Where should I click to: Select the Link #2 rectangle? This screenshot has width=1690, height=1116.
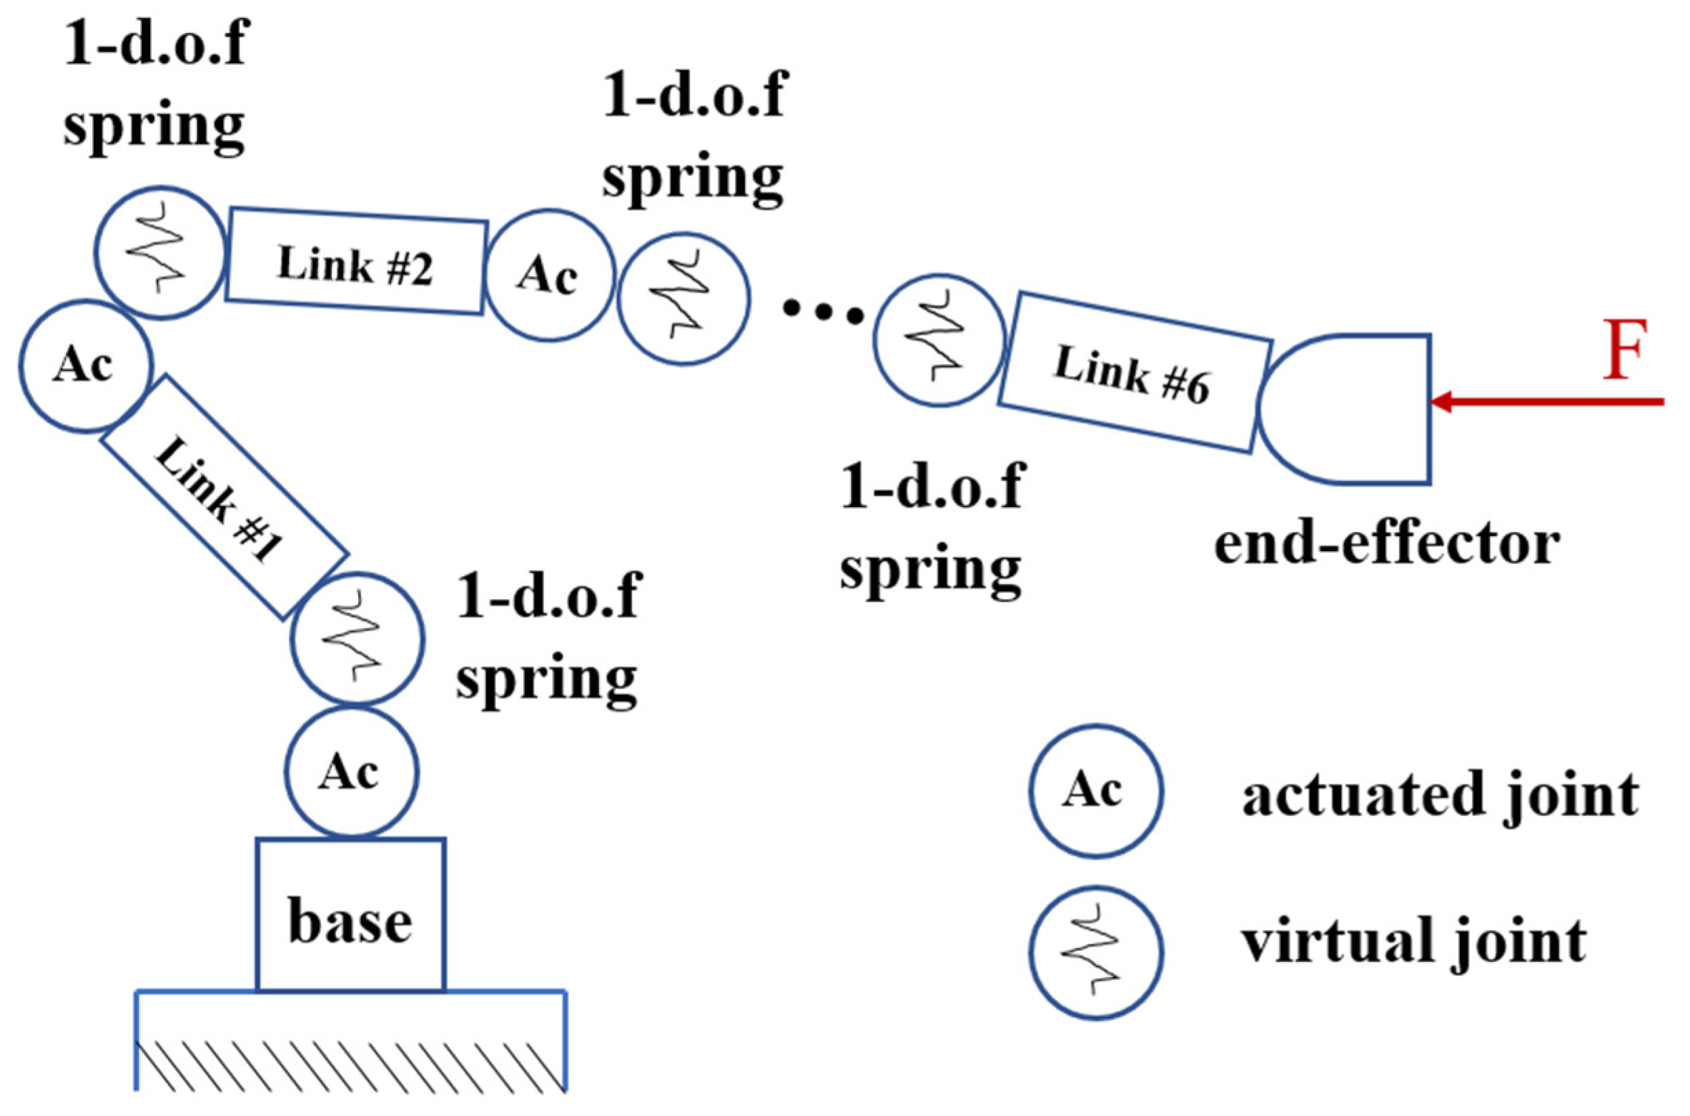pos(356,261)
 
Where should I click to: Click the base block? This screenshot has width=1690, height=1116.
pos(351,914)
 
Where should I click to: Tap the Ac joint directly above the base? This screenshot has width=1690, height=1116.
pos(352,772)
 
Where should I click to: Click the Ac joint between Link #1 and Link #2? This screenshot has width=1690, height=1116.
pos(85,365)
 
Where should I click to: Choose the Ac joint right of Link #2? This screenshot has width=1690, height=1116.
pos(549,275)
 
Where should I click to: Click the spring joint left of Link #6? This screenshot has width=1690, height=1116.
pos(939,341)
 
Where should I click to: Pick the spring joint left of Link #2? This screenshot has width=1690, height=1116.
pos(160,253)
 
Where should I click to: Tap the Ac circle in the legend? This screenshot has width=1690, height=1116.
pos(1096,791)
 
